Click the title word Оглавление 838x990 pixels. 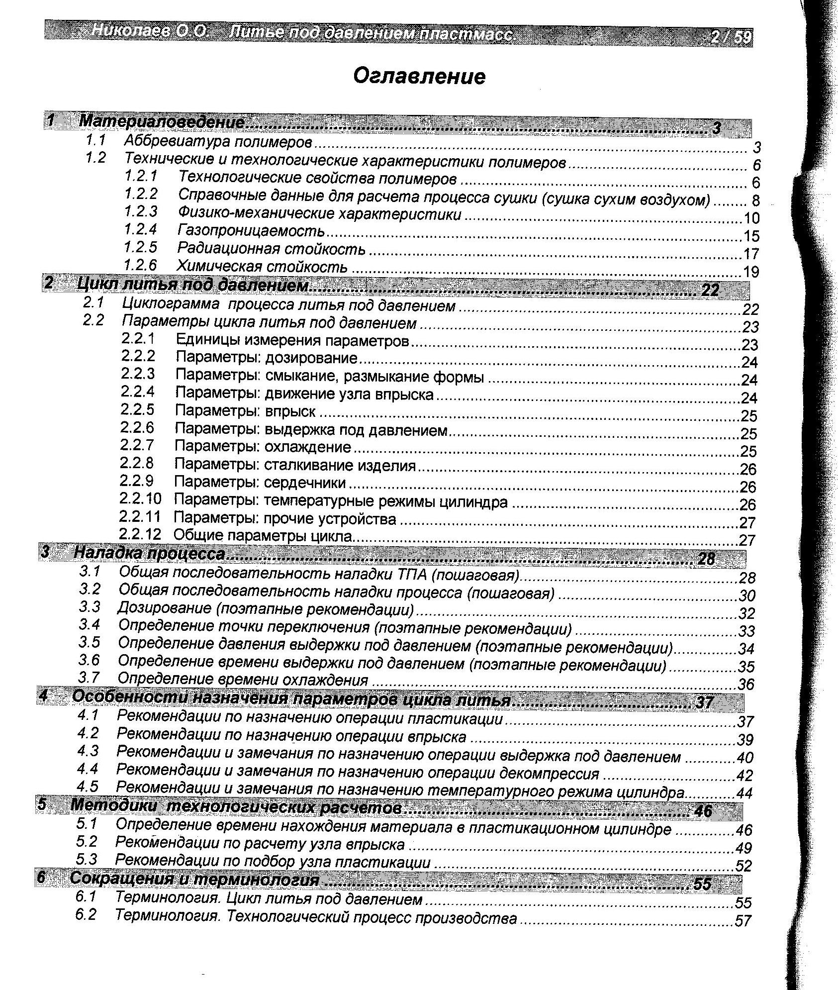(x=419, y=77)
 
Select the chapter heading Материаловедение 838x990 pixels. (x=162, y=122)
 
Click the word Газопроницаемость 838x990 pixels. (x=251, y=231)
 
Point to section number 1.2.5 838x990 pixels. (x=141, y=247)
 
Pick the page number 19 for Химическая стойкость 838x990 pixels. (x=751, y=272)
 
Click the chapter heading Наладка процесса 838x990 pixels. (x=149, y=553)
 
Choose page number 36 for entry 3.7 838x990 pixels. (x=746, y=685)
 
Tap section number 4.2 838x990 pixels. (x=88, y=733)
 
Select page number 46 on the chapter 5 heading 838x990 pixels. (x=703, y=811)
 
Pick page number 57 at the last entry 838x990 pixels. (x=743, y=921)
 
